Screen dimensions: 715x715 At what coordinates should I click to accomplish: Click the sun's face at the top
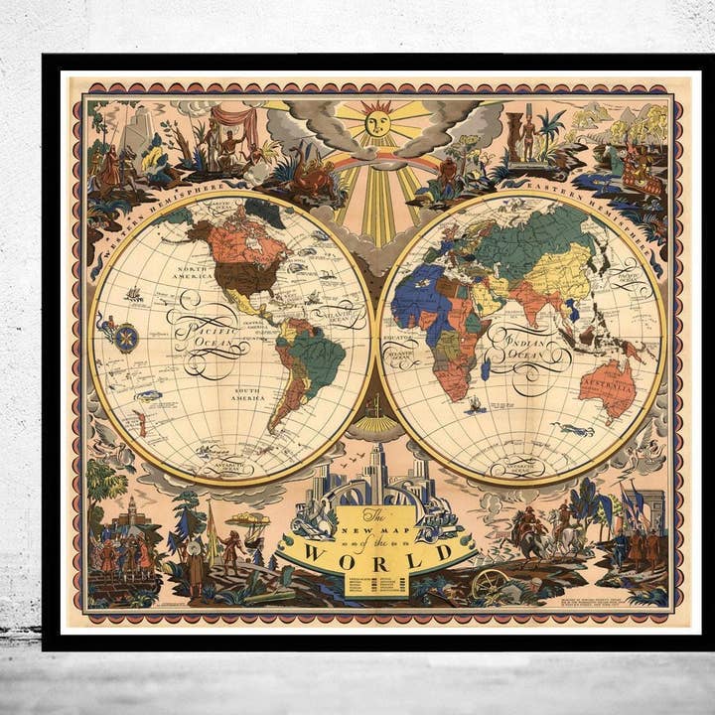(x=377, y=123)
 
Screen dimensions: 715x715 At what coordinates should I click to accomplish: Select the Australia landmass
(x=607, y=385)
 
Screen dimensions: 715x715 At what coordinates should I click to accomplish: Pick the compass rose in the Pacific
(x=126, y=338)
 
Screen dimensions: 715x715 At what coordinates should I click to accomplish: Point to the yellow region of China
(x=561, y=272)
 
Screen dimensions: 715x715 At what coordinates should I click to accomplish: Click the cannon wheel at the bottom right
(x=488, y=584)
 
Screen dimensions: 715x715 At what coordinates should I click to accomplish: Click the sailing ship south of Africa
(x=475, y=404)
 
